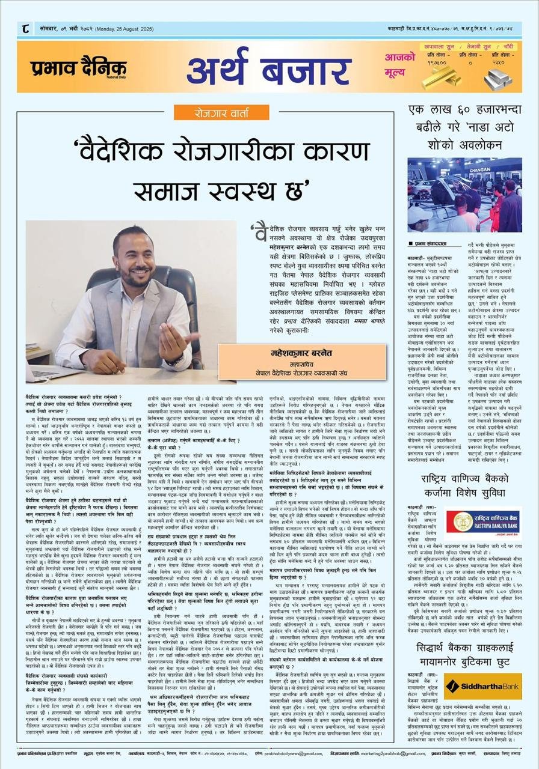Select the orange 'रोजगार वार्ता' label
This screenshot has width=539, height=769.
221,112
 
